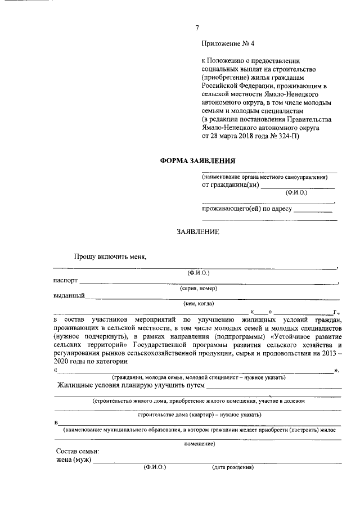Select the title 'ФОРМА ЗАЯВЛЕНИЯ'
click(192, 160)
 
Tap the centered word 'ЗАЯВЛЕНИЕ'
click(197, 231)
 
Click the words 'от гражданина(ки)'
click(230, 185)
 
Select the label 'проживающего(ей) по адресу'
click(247, 209)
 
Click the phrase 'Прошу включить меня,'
click(110, 256)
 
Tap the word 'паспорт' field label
click(66, 281)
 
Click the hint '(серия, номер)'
click(199, 289)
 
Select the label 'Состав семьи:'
click(78, 452)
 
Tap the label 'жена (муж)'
click(73, 460)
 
